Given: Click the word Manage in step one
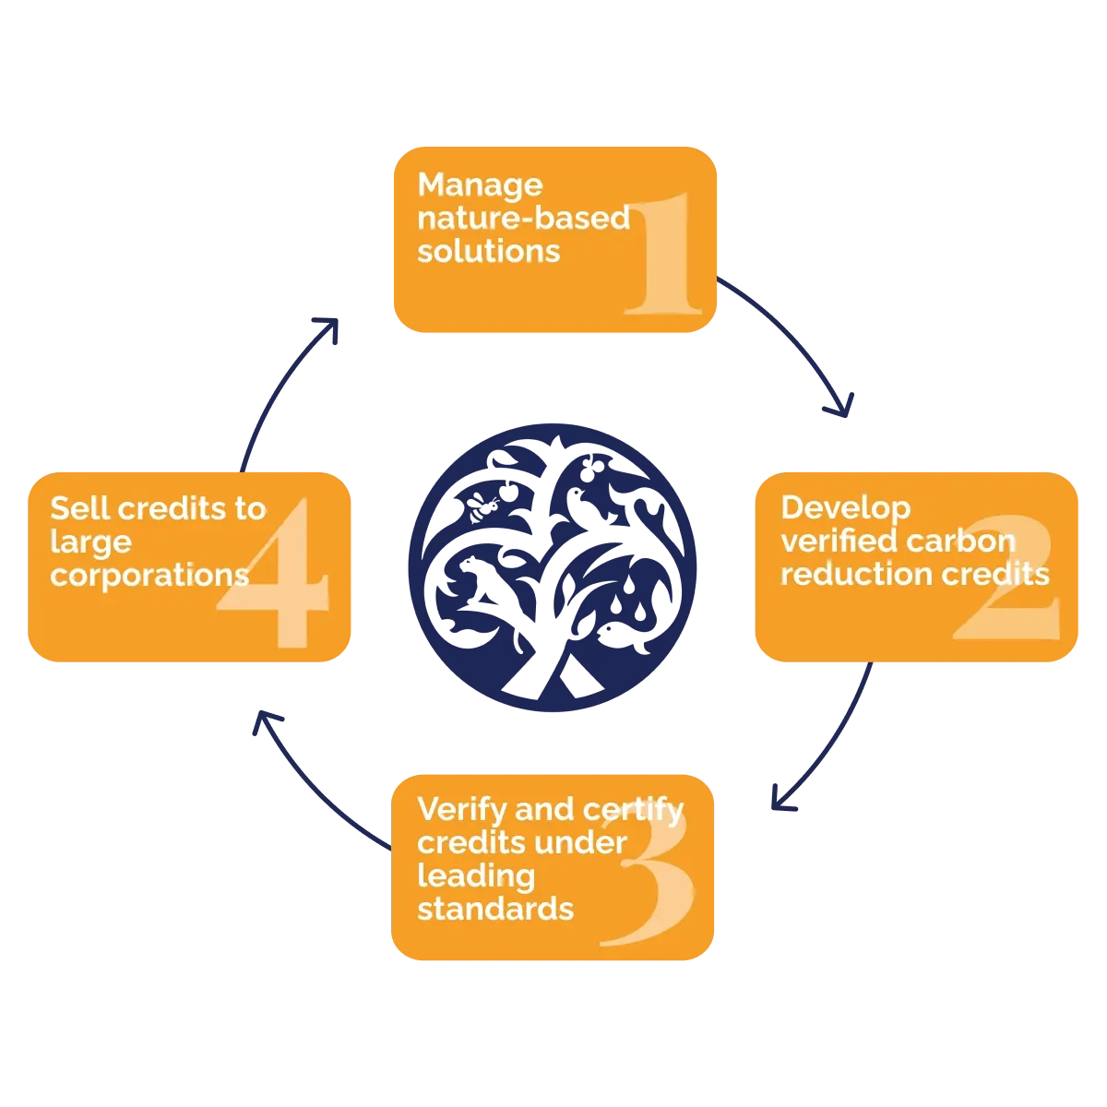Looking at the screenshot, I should (x=480, y=185).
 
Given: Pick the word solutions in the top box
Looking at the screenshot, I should (x=488, y=251).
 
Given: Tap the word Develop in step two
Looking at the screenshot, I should (x=845, y=507).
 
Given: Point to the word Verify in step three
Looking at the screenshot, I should (x=461, y=809).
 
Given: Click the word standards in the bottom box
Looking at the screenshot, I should (x=494, y=909).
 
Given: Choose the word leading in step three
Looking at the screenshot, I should (x=475, y=875).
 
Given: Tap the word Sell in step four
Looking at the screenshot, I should (x=80, y=508).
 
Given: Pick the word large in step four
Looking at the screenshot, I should (x=90, y=542).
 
